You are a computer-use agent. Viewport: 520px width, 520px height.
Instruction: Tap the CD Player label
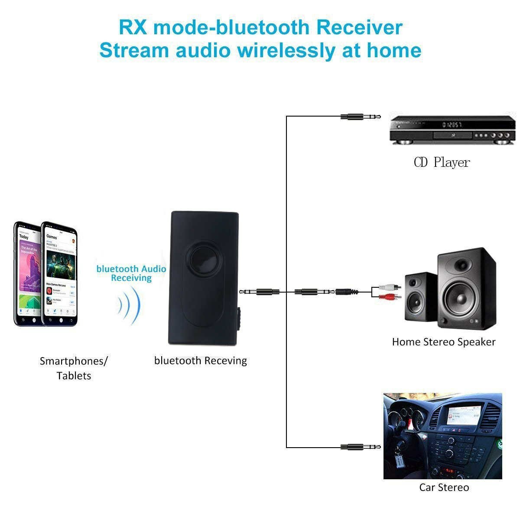[442, 162]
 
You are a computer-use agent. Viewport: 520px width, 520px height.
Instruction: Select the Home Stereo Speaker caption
[443, 342]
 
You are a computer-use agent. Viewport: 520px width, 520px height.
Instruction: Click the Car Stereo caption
[444, 487]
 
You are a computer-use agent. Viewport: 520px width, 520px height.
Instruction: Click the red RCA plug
[390, 297]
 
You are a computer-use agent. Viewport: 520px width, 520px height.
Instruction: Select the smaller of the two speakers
[421, 297]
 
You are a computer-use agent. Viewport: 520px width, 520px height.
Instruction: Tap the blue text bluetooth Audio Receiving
[131, 273]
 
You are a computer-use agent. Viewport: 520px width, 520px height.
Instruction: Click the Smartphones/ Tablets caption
[74, 368]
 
